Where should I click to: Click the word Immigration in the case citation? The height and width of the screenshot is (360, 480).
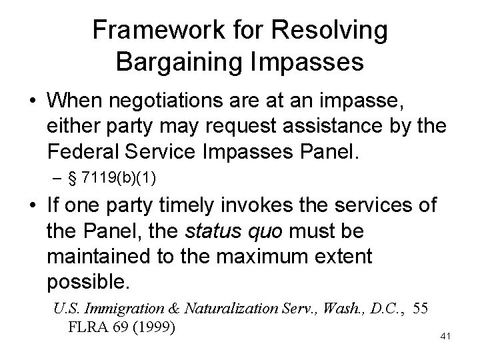click(x=113, y=309)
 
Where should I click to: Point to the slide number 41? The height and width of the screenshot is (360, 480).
click(x=446, y=337)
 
